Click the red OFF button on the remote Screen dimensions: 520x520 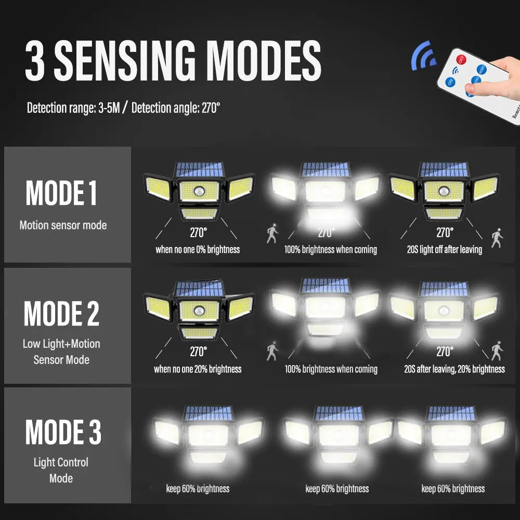click(461, 60)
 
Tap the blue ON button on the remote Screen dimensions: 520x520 click(450, 82)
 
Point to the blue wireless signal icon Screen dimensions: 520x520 click(423, 56)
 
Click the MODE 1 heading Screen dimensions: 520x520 click(61, 193)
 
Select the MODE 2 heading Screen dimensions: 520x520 click(61, 313)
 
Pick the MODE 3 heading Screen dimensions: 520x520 click(63, 432)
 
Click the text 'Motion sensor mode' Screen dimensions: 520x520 click(63, 225)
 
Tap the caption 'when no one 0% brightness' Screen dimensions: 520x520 click(198, 250)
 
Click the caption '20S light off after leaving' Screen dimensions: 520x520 click(445, 250)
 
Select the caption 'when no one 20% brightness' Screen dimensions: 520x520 click(198, 369)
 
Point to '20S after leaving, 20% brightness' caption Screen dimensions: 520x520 click(454, 369)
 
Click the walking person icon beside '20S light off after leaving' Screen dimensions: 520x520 click(497, 238)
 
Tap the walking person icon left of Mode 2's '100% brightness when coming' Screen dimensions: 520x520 click(272, 351)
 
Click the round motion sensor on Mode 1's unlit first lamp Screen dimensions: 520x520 click(199, 191)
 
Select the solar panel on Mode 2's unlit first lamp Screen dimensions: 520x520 click(200, 289)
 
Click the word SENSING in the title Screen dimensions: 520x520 click(125, 61)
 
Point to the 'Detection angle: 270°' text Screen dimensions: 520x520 click(176, 108)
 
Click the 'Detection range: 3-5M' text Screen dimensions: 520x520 click(73, 108)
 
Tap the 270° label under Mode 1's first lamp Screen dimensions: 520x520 click(198, 232)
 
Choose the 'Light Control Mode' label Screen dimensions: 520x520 click(61, 470)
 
